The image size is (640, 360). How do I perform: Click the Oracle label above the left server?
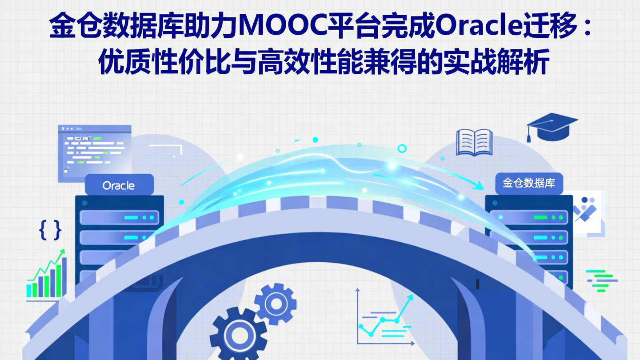[119, 185]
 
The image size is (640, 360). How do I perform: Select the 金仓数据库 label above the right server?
[529, 183]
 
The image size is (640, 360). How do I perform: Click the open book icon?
[474, 142]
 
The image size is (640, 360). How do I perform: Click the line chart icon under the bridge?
[385, 316]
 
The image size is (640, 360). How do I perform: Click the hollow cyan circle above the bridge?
[402, 148]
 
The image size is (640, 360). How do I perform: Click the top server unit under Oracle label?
[119, 218]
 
